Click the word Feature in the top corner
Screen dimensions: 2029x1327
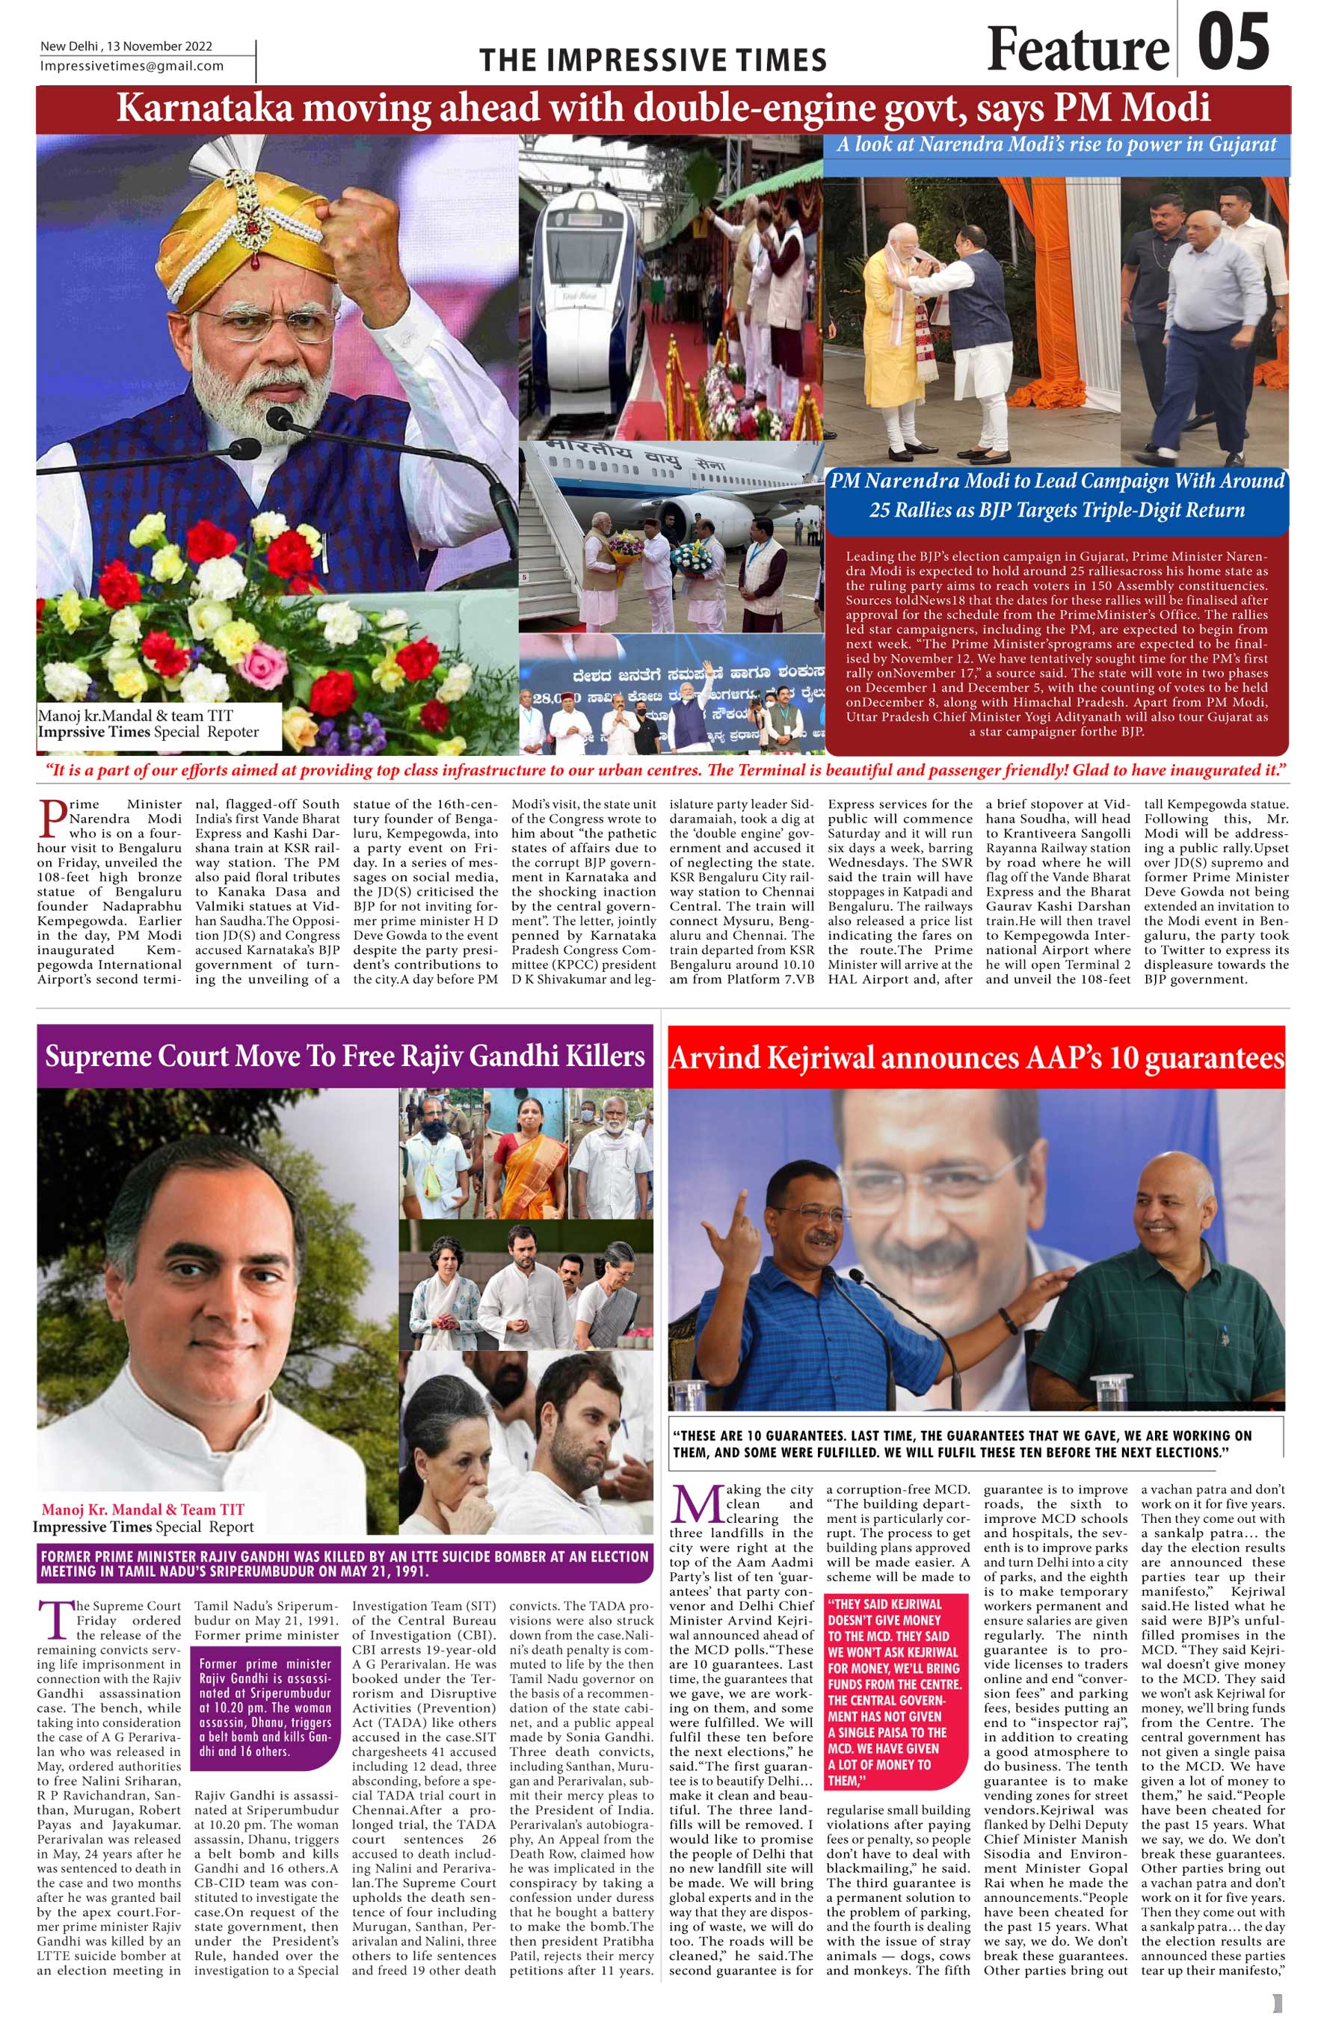coord(1077,49)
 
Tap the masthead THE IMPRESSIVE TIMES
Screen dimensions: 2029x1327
coord(653,61)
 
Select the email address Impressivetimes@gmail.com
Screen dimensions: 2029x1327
coord(132,67)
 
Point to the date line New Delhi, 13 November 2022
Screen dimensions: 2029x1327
coord(127,46)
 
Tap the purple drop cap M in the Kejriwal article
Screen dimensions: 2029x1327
coord(696,1506)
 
